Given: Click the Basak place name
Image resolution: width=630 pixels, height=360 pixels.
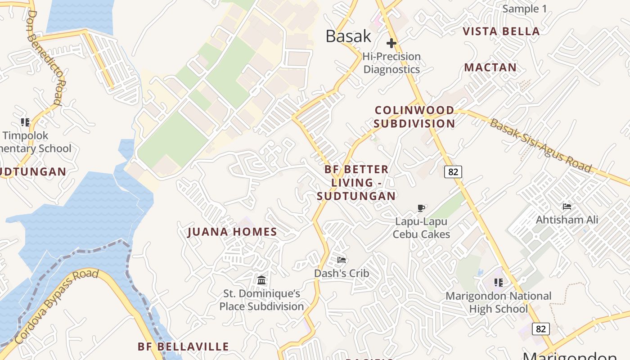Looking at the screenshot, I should click(348, 36).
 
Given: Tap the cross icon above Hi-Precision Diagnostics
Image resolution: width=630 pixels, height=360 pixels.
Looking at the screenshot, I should click(391, 43).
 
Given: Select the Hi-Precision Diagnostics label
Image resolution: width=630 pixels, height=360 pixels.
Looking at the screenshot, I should click(391, 63).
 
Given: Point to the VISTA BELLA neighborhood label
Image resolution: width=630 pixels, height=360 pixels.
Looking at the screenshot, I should click(501, 31).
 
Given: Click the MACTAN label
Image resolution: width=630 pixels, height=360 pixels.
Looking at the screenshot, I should click(490, 67).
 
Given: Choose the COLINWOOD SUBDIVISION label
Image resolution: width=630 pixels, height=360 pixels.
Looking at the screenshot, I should click(414, 117).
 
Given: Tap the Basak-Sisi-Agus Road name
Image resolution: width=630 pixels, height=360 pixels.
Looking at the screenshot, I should click(540, 145).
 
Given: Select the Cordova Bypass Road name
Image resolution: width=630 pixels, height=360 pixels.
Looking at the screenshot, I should click(56, 306).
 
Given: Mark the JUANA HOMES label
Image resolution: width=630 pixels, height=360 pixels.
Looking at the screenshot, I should click(232, 232).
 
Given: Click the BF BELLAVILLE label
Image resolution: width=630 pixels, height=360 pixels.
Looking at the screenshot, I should click(183, 347).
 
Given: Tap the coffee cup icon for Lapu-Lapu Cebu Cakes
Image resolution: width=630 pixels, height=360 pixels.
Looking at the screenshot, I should click(421, 208).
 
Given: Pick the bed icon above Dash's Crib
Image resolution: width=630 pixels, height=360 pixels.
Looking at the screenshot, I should click(342, 260).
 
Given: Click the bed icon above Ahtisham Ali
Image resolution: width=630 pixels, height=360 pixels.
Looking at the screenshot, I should click(567, 207).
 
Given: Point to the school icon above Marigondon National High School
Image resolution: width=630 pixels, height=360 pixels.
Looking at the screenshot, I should click(498, 283).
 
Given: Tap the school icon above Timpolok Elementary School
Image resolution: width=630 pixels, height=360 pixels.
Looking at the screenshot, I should click(25, 122).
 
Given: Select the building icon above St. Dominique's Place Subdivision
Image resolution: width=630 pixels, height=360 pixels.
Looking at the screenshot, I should click(261, 280).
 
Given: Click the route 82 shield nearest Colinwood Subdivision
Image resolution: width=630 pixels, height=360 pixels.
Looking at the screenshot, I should click(453, 171).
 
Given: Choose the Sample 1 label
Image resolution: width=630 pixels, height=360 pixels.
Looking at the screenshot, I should click(524, 9).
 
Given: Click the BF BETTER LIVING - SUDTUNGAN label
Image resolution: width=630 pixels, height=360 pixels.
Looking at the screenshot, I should click(356, 183).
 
